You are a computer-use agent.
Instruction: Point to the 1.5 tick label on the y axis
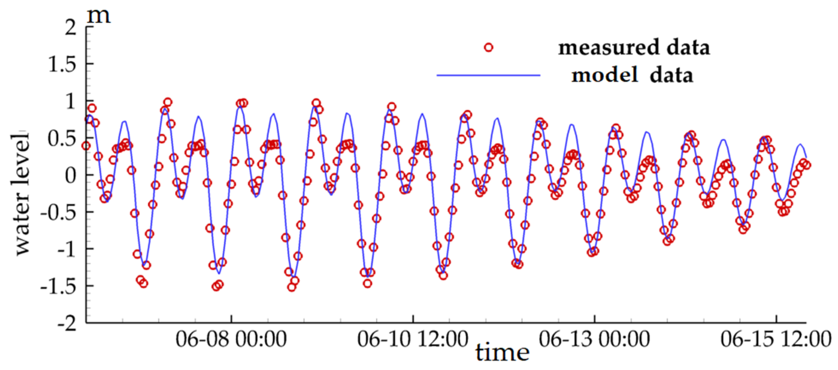[62, 64]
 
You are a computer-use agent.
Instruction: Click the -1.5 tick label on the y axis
[58, 286]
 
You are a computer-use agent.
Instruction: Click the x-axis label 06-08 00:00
[231, 339]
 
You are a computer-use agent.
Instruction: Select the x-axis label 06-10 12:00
[412, 339]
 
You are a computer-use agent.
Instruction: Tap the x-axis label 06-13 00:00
[594, 339]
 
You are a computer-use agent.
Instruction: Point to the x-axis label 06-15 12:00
[776, 339]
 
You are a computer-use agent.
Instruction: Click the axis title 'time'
[502, 353]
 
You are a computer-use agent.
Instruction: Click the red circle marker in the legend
[488, 48]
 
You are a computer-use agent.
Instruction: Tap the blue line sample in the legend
[488, 75]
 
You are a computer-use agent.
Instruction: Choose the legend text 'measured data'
[634, 48]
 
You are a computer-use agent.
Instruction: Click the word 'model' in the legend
[604, 75]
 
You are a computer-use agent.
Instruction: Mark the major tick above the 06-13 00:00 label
[594, 319]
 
